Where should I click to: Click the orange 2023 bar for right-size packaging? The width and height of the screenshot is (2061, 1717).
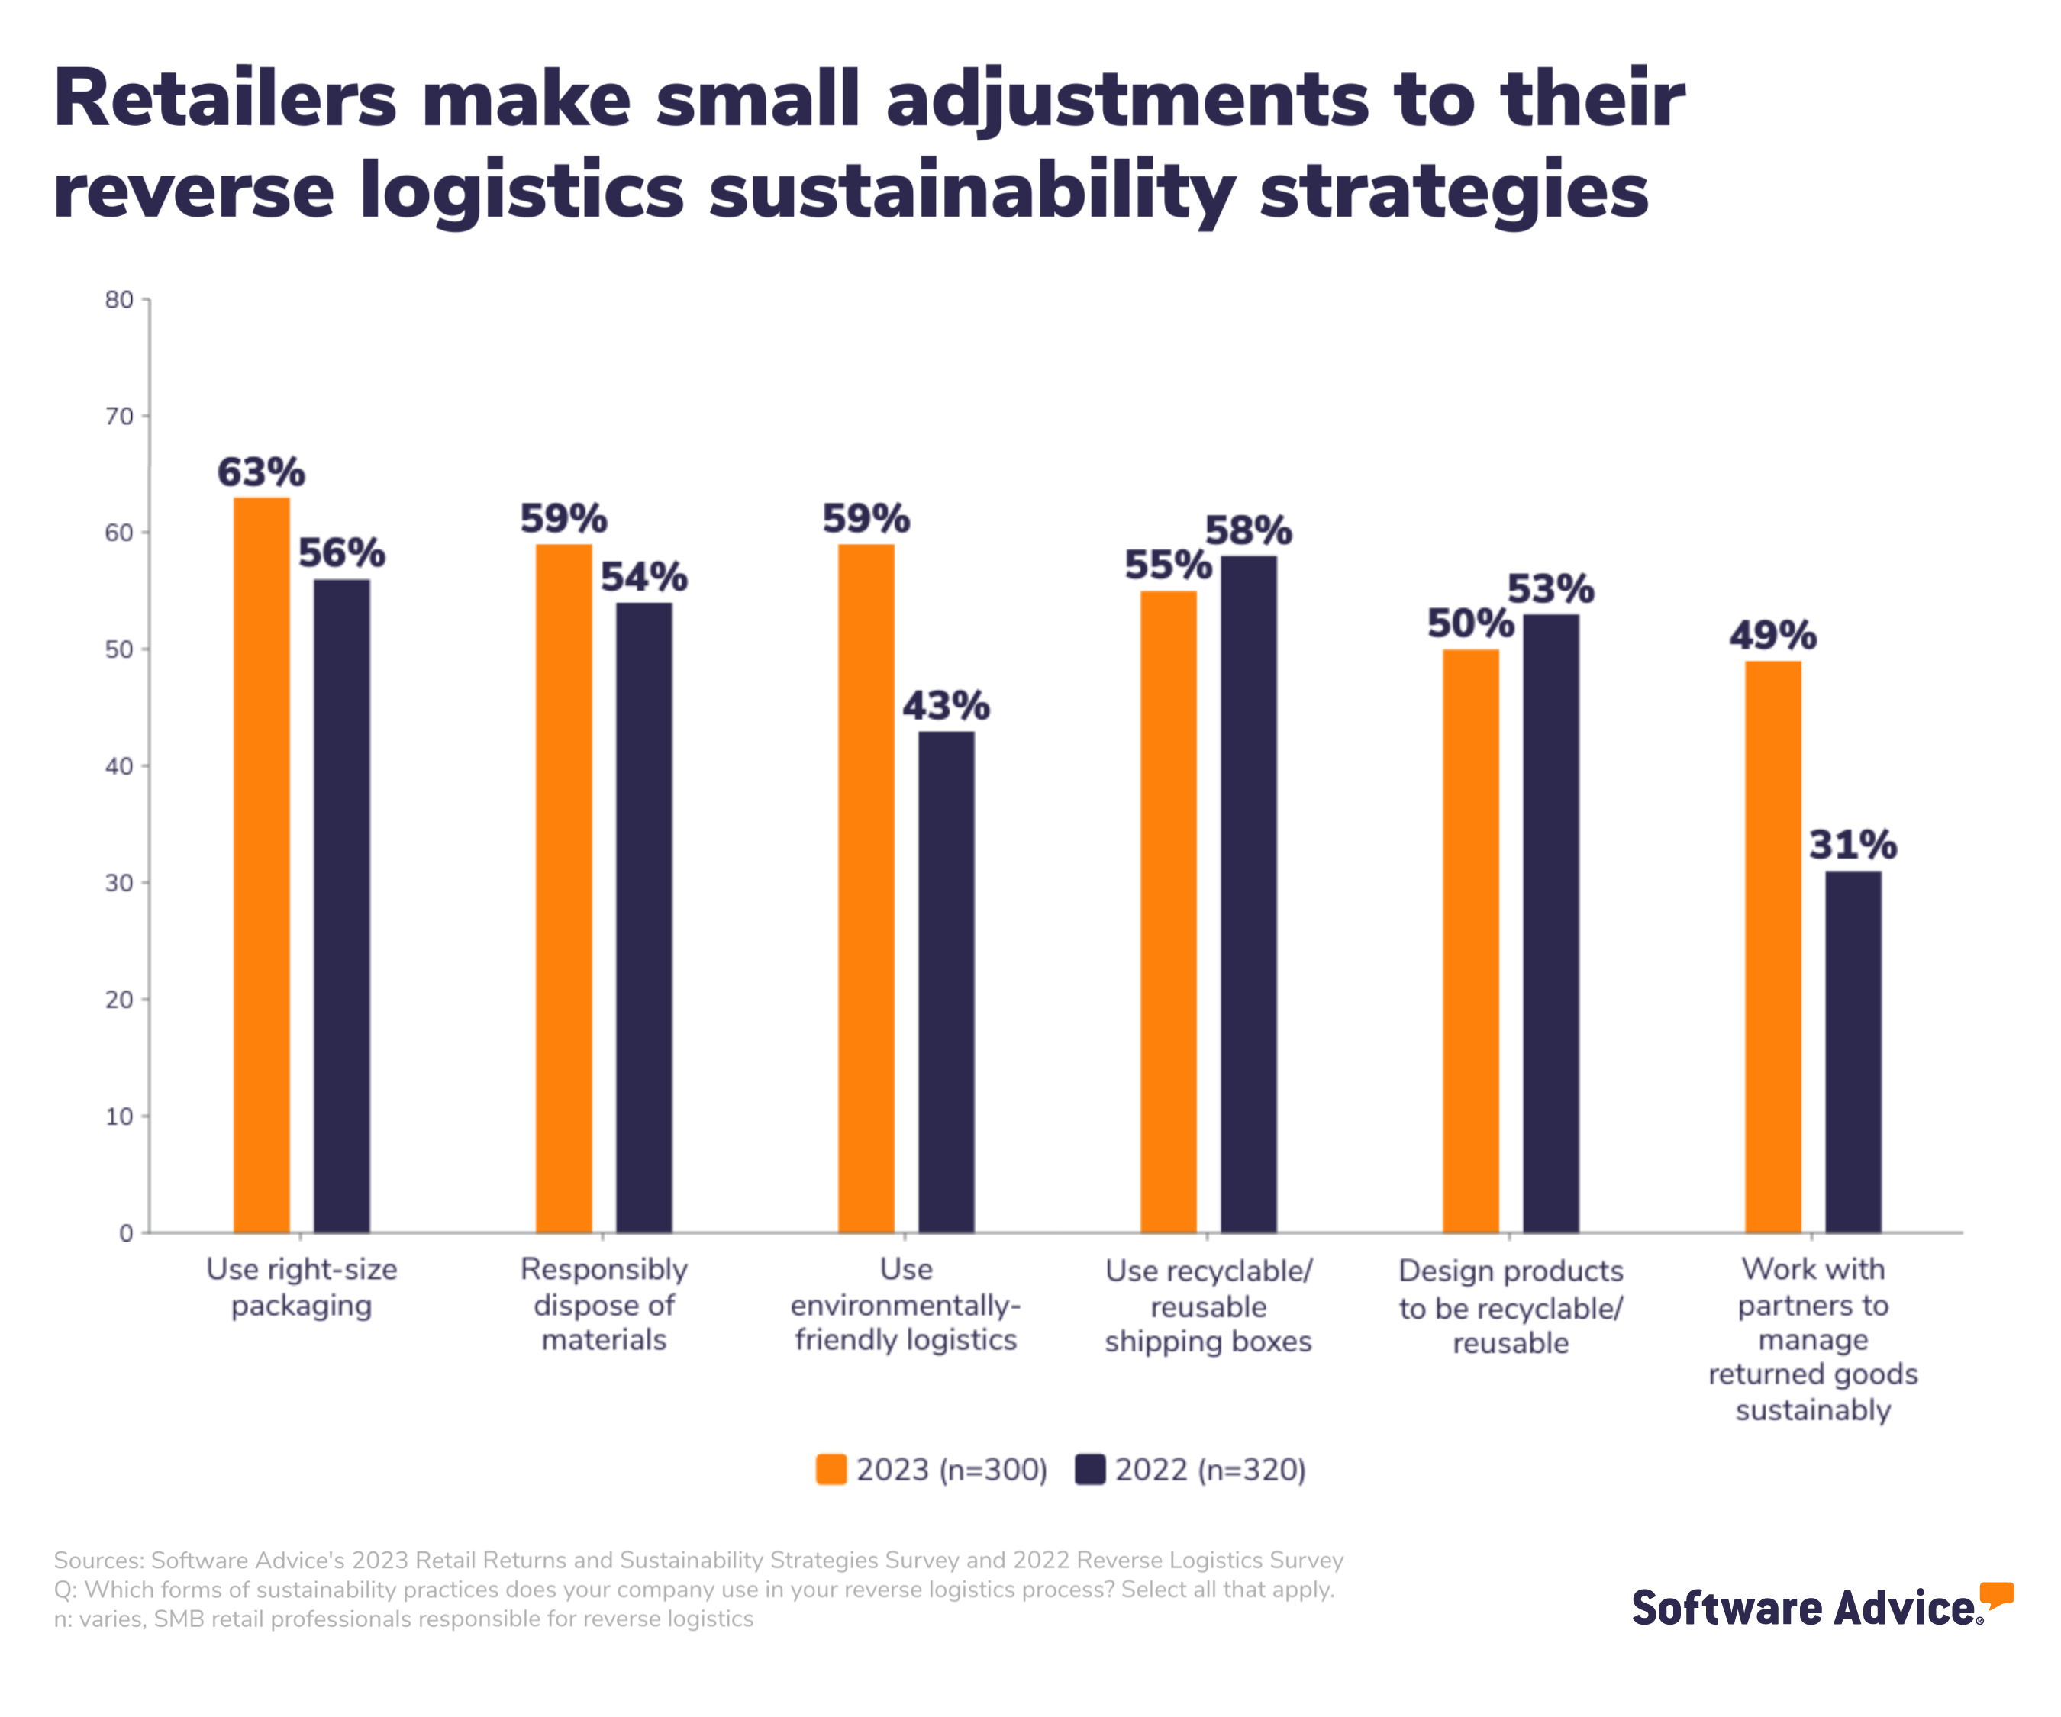point(261,863)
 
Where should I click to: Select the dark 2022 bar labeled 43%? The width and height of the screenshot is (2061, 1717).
point(946,981)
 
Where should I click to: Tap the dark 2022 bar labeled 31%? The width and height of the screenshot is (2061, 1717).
point(1853,1051)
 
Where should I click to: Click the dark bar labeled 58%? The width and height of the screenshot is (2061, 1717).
point(1248,893)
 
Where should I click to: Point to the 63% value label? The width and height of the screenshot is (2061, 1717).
point(261,473)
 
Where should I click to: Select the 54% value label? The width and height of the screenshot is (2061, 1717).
point(643,578)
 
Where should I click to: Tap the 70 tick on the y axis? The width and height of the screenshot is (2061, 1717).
point(120,417)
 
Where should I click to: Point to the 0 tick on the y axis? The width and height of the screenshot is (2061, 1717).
point(127,1233)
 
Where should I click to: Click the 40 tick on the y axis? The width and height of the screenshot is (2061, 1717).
point(120,766)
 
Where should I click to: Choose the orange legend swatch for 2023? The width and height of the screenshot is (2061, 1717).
point(831,1470)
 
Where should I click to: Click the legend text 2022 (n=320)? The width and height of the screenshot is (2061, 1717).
point(1210,1470)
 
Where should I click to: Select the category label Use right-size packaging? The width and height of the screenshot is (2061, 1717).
point(302,1287)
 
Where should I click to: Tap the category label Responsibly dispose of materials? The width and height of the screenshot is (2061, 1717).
point(604,1305)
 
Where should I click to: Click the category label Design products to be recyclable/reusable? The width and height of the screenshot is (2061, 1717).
point(1511,1307)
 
